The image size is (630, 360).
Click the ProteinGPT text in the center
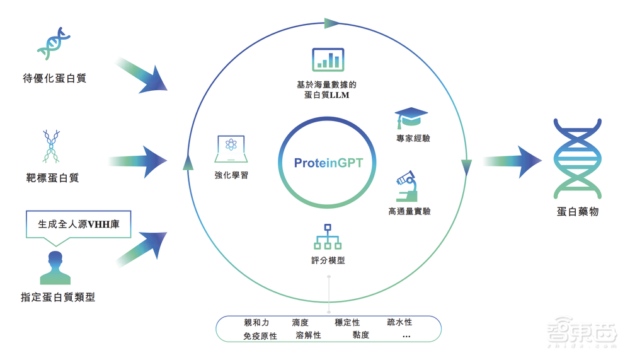click(x=328, y=163)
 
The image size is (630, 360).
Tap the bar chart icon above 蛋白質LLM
click(x=328, y=59)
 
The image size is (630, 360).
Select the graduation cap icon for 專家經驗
click(x=411, y=117)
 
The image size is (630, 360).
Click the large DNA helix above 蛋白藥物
click(x=576, y=156)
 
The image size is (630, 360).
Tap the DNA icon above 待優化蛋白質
click(x=54, y=48)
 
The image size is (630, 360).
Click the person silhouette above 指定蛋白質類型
click(x=55, y=267)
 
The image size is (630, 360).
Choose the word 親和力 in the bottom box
click(x=256, y=323)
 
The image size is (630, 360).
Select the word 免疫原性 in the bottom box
click(x=260, y=337)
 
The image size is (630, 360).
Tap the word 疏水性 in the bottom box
click(x=399, y=323)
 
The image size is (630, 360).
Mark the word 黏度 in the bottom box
click(x=361, y=335)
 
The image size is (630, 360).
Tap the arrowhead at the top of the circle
click(x=333, y=24)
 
